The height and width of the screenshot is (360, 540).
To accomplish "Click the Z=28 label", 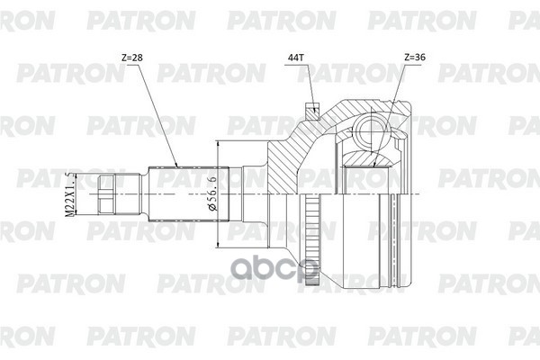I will (131, 57).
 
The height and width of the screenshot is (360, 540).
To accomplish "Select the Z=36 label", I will (416, 57).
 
